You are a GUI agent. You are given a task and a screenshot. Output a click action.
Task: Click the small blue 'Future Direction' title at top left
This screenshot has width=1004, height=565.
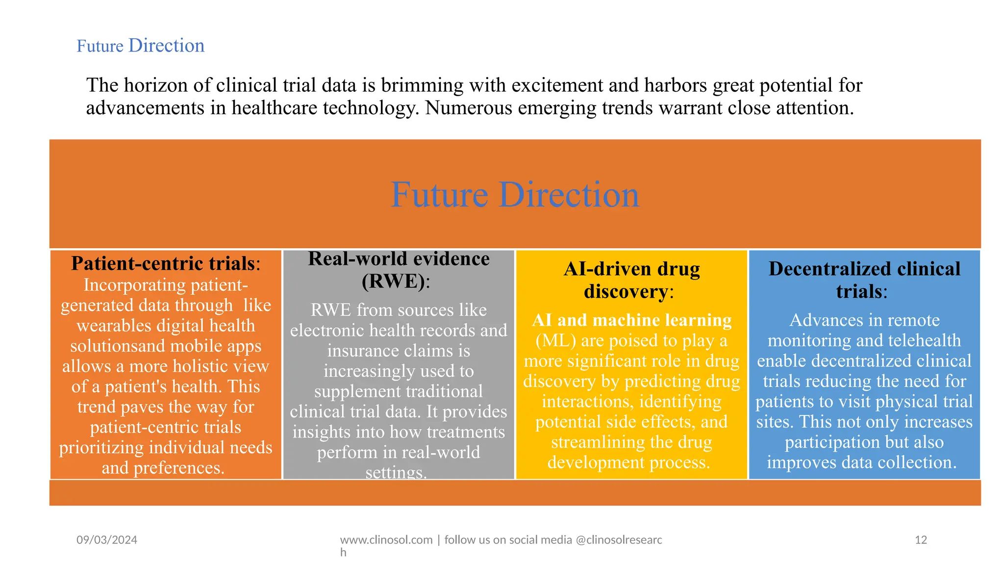pyautogui.click(x=140, y=46)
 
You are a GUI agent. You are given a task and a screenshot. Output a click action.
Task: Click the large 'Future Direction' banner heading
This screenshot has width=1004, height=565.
pyautogui.click(x=515, y=195)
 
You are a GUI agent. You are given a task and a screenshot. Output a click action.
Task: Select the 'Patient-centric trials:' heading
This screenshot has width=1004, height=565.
pyautogui.click(x=165, y=263)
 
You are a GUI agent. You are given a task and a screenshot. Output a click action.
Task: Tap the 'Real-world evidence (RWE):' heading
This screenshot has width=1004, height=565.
pyautogui.click(x=398, y=269)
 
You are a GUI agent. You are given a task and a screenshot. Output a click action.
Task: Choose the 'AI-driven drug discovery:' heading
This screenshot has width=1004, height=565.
pyautogui.click(x=631, y=280)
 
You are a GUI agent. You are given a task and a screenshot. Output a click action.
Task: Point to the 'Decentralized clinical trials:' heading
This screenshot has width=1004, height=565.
pyautogui.click(x=864, y=280)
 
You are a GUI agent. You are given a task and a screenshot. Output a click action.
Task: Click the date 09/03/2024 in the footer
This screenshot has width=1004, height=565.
pyautogui.click(x=107, y=540)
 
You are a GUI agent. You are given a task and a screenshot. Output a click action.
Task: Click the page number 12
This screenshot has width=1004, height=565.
pyautogui.click(x=921, y=540)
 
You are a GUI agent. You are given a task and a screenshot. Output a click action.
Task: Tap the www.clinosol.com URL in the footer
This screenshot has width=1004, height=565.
pyautogui.click(x=386, y=540)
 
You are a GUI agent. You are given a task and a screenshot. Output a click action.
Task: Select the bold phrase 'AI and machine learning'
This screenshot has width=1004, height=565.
pyautogui.click(x=631, y=320)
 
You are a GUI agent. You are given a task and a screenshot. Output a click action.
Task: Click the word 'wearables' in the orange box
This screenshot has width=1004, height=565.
pyautogui.click(x=114, y=326)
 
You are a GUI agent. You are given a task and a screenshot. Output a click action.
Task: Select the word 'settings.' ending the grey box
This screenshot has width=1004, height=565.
pyautogui.click(x=396, y=472)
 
